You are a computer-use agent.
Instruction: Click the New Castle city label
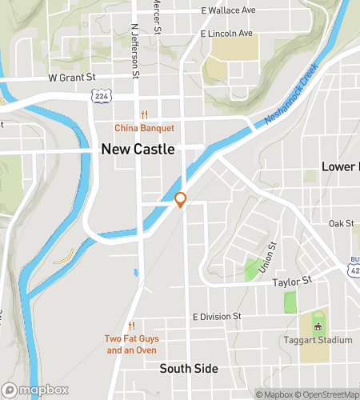(x=138, y=149)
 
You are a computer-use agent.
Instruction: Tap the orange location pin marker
(x=181, y=200)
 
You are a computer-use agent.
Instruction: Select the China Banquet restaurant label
(x=144, y=128)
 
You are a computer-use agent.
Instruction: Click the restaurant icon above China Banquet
(x=144, y=114)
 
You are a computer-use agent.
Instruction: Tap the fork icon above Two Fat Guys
(x=131, y=326)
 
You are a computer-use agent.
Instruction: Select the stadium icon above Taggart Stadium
(x=318, y=326)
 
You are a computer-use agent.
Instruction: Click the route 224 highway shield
(x=102, y=95)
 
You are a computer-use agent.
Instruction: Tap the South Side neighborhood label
(x=188, y=369)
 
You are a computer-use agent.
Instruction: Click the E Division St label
(x=217, y=317)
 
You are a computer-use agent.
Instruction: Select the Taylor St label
(x=291, y=282)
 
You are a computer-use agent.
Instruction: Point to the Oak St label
(x=341, y=223)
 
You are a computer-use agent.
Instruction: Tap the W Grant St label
(x=72, y=78)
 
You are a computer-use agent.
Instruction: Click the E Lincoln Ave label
(x=226, y=34)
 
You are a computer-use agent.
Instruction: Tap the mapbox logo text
(x=38, y=390)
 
